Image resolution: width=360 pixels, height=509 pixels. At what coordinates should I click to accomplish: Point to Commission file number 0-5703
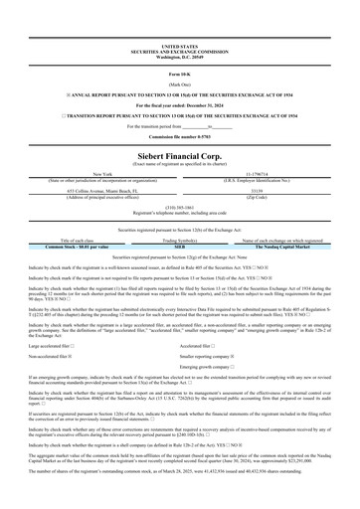coord(180,123)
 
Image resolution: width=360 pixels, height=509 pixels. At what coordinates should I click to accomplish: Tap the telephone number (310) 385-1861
coord(180,208)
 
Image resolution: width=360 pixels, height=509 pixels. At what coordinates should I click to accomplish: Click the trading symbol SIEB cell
coord(180,246)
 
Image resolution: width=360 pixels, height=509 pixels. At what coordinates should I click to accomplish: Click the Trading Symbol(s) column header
coord(180,240)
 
